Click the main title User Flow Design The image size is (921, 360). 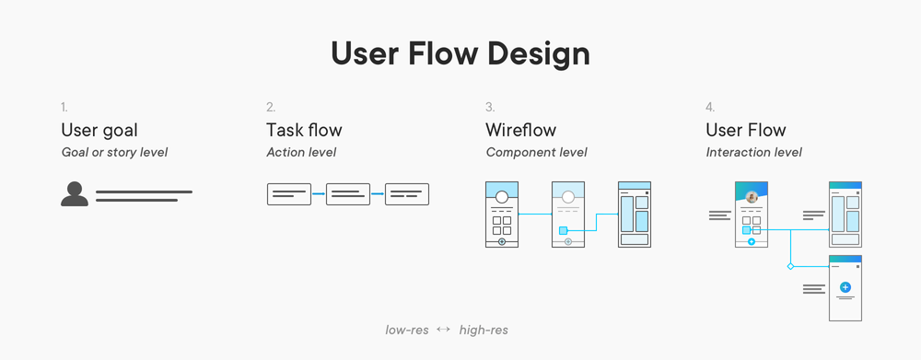pyautogui.click(x=460, y=54)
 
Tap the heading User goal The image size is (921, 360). pyautogui.click(x=99, y=130)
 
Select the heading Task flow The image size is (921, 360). pyautogui.click(x=304, y=130)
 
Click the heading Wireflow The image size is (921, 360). pyautogui.click(x=520, y=130)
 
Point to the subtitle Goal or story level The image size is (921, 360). pyautogui.click(x=114, y=152)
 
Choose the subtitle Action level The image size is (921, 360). pyautogui.click(x=301, y=152)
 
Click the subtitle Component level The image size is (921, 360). pyautogui.click(x=536, y=152)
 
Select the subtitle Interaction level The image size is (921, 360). pyautogui.click(x=753, y=152)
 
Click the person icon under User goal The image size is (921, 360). pyautogui.click(x=75, y=194)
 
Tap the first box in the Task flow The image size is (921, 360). pyautogui.click(x=288, y=194)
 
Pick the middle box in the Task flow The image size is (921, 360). pyautogui.click(x=347, y=194)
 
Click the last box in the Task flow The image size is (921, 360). pyautogui.click(x=406, y=194)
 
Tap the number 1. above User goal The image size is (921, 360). pyautogui.click(x=64, y=108)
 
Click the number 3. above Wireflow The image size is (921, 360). pyautogui.click(x=490, y=108)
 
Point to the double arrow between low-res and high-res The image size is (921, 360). pyautogui.click(x=443, y=330)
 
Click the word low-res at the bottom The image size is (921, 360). pyautogui.click(x=406, y=330)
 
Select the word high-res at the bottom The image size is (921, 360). pyautogui.click(x=484, y=330)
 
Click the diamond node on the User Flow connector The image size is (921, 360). pyautogui.click(x=790, y=266)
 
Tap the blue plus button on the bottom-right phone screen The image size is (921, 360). pyautogui.click(x=845, y=287)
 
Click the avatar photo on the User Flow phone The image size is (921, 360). pyautogui.click(x=752, y=197)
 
